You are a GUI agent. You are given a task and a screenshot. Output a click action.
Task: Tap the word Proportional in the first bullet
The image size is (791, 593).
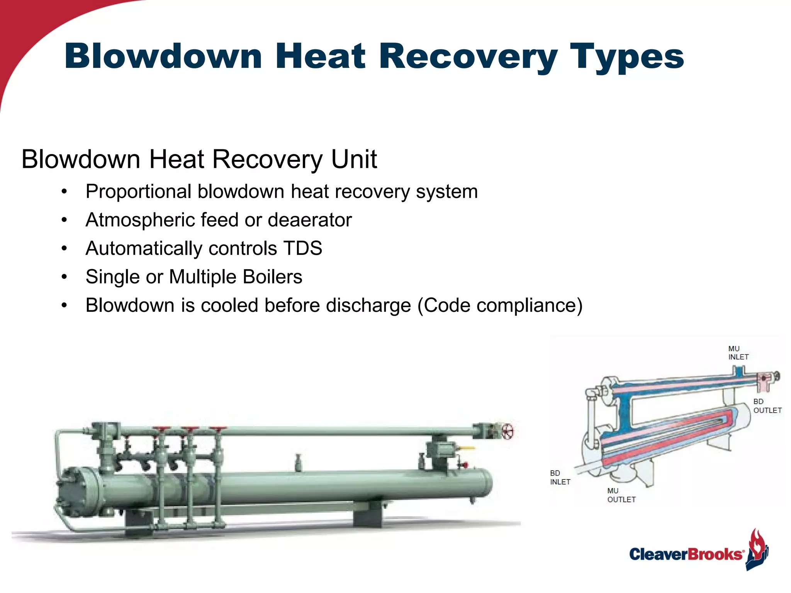[x=138, y=192]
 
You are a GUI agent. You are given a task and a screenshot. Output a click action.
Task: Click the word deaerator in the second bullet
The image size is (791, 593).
[x=310, y=220]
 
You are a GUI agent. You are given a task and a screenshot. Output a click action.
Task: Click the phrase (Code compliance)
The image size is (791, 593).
[x=500, y=305]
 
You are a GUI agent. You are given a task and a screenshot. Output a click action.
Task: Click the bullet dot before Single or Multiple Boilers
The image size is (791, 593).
[x=64, y=277]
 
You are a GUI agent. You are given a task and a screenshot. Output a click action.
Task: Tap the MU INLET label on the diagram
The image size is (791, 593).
[x=738, y=353]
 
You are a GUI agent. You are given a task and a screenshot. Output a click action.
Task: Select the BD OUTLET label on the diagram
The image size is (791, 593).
[x=767, y=406]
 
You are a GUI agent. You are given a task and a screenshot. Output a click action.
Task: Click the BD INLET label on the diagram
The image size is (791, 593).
[x=560, y=478]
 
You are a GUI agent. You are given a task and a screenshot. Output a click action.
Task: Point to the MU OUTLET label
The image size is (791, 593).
[x=621, y=495]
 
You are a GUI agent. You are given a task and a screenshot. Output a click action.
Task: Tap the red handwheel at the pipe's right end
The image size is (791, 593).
[x=508, y=431]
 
